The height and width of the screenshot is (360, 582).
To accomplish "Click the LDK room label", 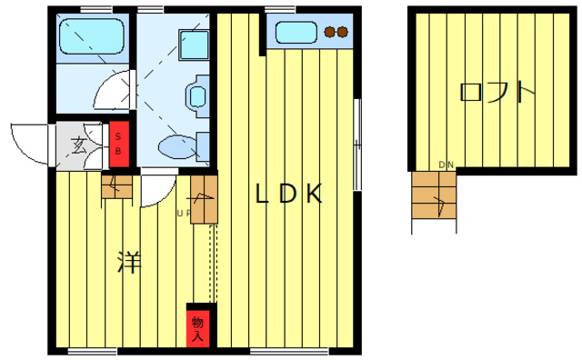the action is pos(288,194).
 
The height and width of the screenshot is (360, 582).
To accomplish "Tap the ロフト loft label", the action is pos(497,92).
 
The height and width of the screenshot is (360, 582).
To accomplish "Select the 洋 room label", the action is pos(129,262).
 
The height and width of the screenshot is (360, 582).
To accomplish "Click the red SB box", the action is pos(119,144).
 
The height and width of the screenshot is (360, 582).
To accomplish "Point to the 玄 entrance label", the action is pos(79,145).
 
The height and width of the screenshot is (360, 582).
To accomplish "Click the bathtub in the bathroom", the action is pos(91,36).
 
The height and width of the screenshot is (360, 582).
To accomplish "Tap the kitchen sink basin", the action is pos(296,33).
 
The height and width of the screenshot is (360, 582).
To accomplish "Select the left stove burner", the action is pos(329,33).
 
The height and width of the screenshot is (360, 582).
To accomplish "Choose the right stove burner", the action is pos(342,33).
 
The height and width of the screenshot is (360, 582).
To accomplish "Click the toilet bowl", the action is pos(177,147).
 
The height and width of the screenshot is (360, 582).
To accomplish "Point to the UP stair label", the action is pos(184,214).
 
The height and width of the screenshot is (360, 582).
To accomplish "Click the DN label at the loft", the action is pos(447,165).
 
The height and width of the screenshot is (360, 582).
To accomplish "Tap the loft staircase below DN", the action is pos(434,195).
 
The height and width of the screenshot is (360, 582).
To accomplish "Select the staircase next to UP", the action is pos(204,199).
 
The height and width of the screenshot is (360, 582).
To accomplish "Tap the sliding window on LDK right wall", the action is pos(357,145).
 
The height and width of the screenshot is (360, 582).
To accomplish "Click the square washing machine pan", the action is pos(194,45).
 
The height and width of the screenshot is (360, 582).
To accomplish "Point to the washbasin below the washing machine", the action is pos(197,96).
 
